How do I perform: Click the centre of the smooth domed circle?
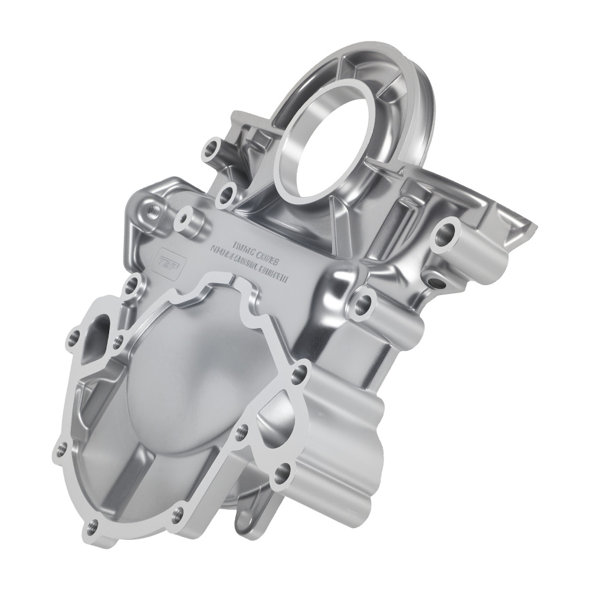(x=195, y=378)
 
